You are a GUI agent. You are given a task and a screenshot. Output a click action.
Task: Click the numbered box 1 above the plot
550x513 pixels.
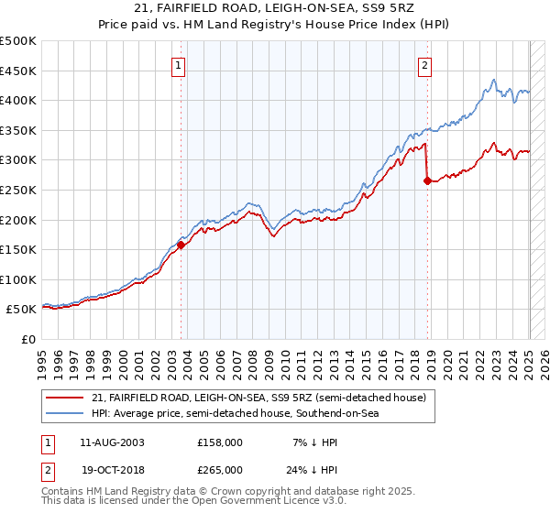pos(178,65)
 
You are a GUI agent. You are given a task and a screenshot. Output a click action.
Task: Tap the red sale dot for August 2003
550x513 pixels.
pos(181,245)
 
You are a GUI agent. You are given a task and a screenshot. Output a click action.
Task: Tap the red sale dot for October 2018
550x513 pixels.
pos(428,180)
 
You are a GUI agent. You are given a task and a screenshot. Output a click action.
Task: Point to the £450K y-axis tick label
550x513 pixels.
pos(18,71)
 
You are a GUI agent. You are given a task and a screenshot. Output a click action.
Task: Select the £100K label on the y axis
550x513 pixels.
pos(18,279)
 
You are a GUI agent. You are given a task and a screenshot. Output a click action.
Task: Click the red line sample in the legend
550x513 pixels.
pos(65,398)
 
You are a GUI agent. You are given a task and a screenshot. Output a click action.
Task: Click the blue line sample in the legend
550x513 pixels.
pos(65,414)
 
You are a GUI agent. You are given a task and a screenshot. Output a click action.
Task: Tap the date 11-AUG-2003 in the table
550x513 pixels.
pos(113,442)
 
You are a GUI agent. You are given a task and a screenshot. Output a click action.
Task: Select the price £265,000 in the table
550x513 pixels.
pos(220,469)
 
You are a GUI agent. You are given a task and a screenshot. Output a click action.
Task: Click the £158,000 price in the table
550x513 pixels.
pos(220,442)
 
